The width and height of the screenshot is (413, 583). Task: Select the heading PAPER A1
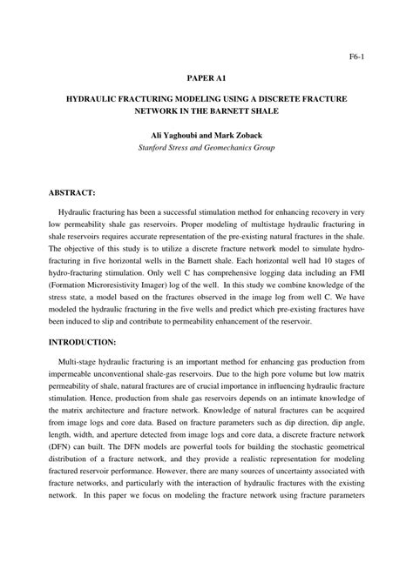tap(206, 77)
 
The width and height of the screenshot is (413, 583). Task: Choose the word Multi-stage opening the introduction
tap(80, 385)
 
